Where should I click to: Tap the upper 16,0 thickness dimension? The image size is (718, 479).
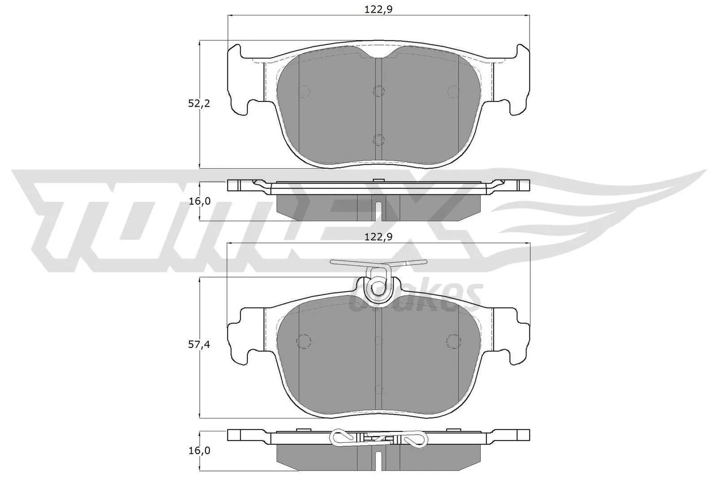click(x=200, y=201)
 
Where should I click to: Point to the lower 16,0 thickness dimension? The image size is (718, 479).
click(x=200, y=450)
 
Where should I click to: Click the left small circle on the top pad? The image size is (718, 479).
click(x=304, y=92)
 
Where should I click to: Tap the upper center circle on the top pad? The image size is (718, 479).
click(x=379, y=91)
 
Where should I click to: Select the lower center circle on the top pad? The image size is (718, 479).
click(x=379, y=140)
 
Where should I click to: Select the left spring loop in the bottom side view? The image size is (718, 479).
click(x=341, y=437)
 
